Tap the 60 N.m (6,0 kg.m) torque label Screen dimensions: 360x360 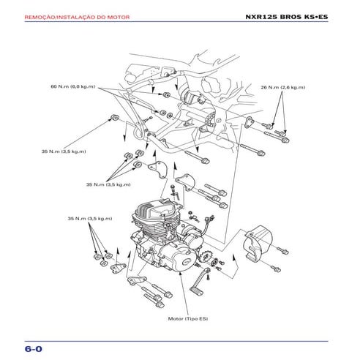(x=72, y=87)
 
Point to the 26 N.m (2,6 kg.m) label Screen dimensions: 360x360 (x=282, y=87)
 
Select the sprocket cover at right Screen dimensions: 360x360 (x=258, y=244)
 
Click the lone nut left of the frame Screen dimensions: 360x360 (x=116, y=117)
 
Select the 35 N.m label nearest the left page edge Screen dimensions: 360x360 (x=63, y=151)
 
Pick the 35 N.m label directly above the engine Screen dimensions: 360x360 (x=108, y=184)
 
